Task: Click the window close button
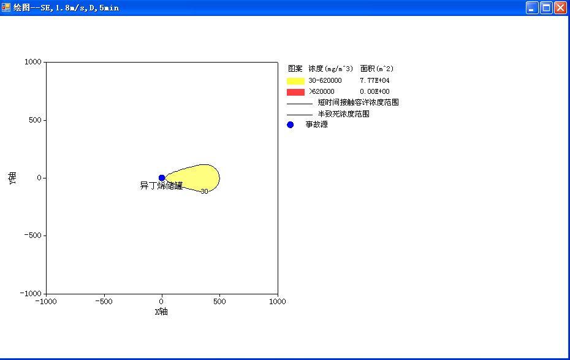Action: point(560,7)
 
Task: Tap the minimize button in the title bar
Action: point(532,7)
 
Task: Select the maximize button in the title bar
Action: point(546,7)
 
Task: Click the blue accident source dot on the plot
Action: point(162,178)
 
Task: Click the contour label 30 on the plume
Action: point(204,191)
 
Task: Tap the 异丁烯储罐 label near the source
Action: point(161,186)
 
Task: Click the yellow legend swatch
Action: point(295,81)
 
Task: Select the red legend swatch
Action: point(295,92)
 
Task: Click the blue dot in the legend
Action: point(290,124)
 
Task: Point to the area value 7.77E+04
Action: point(374,80)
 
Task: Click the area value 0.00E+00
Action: point(374,91)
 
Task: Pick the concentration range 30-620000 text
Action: point(325,80)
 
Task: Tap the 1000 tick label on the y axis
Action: point(32,62)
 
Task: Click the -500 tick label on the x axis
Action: point(104,302)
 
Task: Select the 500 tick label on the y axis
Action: point(36,120)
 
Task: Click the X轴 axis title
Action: point(161,312)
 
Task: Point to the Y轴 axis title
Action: point(12,178)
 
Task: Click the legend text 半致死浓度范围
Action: point(343,114)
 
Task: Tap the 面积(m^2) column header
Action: point(376,68)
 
